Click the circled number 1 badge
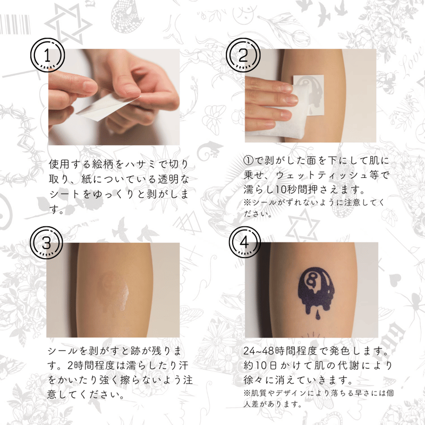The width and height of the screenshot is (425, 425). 47,55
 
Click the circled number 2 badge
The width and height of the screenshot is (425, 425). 243,55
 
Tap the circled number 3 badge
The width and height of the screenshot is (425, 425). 46,243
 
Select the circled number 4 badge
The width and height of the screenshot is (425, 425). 244,242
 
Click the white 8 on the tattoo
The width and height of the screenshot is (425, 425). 311,279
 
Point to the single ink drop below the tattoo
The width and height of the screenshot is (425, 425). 318,315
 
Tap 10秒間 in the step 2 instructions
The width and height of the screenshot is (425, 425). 293,190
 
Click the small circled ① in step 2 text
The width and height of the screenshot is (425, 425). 248,161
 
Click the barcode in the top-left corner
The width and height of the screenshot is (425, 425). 15,24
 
